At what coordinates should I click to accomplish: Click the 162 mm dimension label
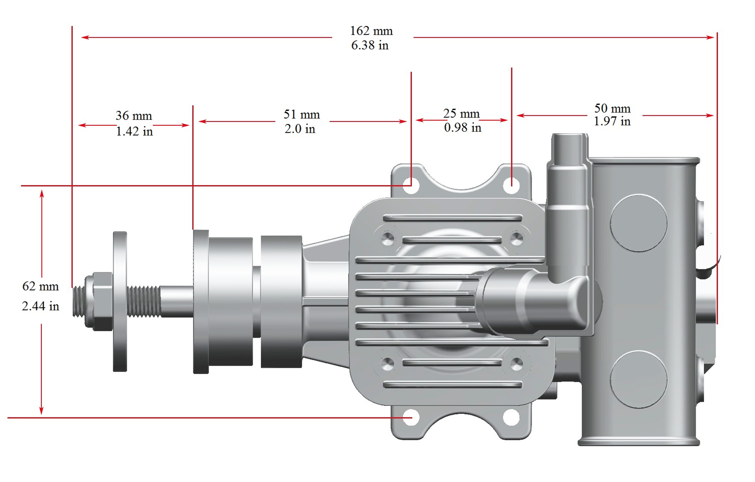point(371,31)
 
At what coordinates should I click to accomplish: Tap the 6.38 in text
point(370,45)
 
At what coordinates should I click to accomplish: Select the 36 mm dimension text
point(134,116)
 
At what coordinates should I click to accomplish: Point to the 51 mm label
point(301,115)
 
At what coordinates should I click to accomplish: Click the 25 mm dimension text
point(461,114)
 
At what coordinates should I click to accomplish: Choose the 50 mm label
point(612,109)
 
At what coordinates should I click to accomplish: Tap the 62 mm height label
point(40,286)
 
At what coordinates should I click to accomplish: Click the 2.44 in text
point(40,306)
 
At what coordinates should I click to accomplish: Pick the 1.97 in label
point(612,122)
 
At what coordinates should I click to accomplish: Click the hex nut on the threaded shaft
point(99,301)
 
